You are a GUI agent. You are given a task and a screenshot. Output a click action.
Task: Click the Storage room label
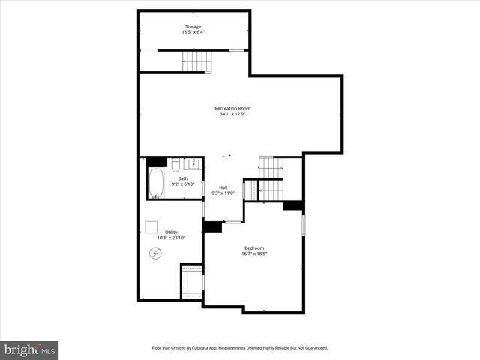pos(193,26)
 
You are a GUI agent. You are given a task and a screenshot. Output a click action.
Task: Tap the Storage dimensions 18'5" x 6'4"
pos(193,32)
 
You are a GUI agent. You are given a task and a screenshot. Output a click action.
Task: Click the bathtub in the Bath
pos(156,184)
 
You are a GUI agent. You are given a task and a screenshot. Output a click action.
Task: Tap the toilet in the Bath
pos(173,164)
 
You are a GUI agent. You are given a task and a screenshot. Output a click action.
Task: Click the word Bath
pos(183,178)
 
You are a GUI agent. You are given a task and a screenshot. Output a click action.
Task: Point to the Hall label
pos(223,187)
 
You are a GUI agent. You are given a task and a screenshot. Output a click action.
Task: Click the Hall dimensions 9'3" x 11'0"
pos(223,193)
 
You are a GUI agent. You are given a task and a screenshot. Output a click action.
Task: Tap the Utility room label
pos(172,232)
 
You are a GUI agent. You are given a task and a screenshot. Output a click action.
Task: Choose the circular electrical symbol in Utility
pos(156,253)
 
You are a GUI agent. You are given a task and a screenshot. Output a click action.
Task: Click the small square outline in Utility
pos(151,226)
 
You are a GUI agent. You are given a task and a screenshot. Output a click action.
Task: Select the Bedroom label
pos(254,248)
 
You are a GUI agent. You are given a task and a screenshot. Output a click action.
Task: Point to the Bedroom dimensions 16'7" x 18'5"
pos(254,254)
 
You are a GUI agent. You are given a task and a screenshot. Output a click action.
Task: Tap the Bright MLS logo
pos(29,349)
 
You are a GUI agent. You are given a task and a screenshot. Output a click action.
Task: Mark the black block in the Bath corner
pos(157,161)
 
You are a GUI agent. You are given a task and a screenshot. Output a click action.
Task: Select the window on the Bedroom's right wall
pos(303,224)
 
